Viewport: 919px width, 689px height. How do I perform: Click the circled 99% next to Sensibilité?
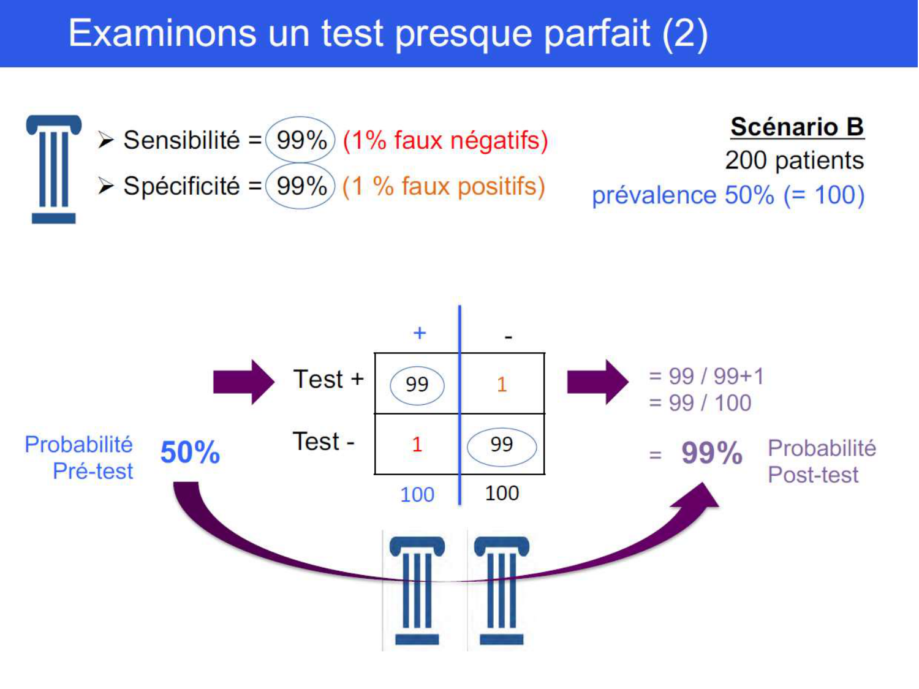[301, 140]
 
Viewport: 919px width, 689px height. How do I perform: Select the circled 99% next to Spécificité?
[301, 186]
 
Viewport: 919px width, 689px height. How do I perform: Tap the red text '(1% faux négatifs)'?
[445, 140]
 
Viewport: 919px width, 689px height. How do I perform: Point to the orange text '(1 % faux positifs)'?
[444, 186]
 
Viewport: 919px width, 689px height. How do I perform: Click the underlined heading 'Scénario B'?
[796, 127]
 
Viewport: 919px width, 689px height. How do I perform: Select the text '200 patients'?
[794, 160]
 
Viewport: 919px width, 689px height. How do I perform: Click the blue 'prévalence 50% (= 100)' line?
[728, 195]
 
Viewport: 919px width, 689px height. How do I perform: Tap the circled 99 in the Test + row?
[417, 385]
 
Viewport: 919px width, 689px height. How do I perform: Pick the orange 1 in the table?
[502, 385]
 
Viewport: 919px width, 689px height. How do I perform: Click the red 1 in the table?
[417, 444]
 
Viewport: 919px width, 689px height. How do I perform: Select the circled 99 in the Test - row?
[502, 445]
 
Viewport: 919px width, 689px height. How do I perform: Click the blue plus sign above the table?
[420, 333]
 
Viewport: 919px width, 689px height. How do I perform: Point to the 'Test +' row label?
[328, 380]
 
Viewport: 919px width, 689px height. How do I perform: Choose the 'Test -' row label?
[323, 442]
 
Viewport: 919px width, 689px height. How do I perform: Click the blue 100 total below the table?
[417, 494]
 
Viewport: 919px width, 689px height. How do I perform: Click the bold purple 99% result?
[712, 454]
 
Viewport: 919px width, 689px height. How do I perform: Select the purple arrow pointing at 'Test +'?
[243, 382]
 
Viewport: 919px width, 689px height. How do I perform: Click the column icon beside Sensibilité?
[54, 168]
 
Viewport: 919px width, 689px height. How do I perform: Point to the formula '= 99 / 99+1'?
[706, 376]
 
